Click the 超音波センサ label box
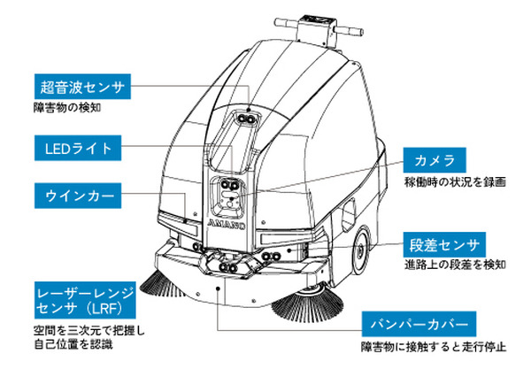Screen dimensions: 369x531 pyautogui.click(x=81, y=87)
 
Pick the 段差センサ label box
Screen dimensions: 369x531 pyautogui.click(x=445, y=244)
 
